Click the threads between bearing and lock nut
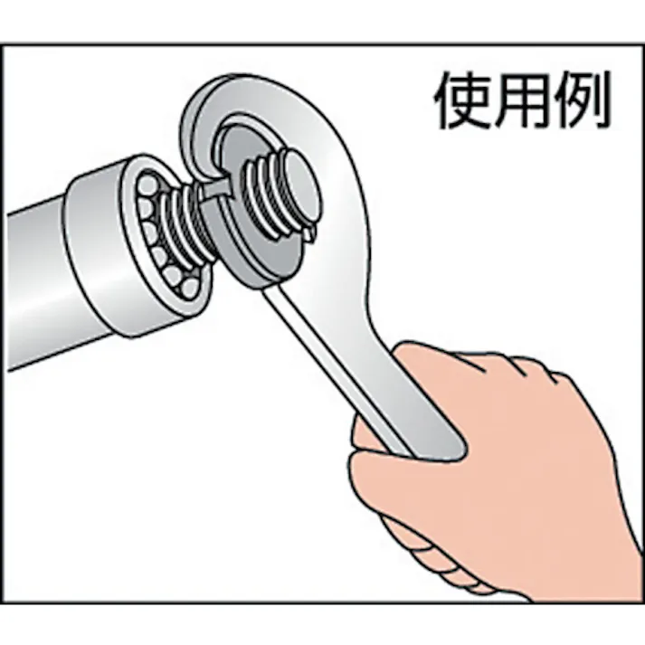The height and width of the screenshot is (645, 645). [185, 222]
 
